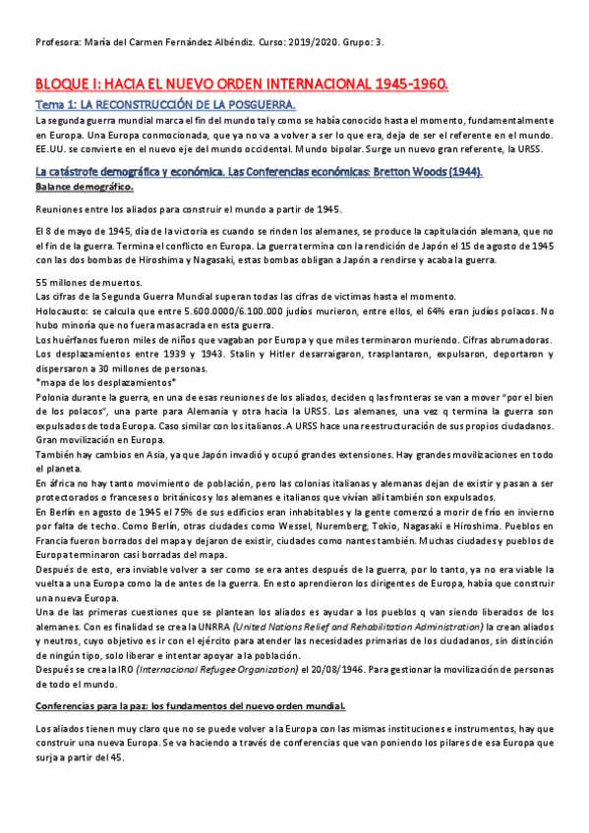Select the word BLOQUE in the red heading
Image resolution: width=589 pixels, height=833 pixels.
(65, 85)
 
